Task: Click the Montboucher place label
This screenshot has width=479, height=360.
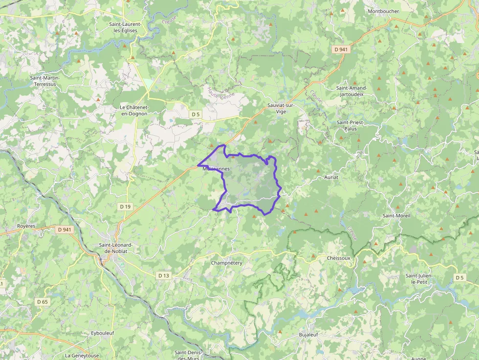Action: click(x=383, y=11)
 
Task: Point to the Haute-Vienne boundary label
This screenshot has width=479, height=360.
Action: click(x=220, y=93)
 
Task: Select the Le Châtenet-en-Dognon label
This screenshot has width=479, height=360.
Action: click(x=134, y=110)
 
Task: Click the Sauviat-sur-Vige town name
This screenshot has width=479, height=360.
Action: click(x=280, y=108)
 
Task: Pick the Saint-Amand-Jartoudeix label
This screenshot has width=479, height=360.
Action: click(x=351, y=91)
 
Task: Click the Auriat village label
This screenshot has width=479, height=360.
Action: click(x=331, y=177)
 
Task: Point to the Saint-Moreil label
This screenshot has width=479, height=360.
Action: click(x=396, y=215)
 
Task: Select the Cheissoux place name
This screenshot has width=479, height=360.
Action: click(x=339, y=258)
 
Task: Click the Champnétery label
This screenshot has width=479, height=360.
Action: click(x=227, y=263)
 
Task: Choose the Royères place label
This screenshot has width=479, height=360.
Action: click(x=26, y=226)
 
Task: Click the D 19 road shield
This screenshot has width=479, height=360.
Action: click(x=125, y=207)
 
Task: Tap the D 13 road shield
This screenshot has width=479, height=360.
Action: click(x=164, y=275)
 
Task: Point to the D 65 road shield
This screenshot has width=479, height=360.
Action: click(x=43, y=302)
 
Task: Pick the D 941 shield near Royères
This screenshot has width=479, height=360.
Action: click(x=64, y=229)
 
